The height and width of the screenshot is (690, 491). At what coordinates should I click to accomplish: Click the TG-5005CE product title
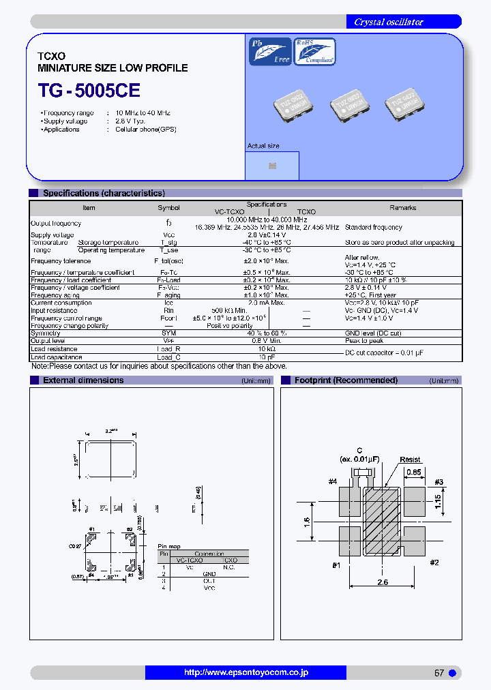pyautogui.click(x=89, y=90)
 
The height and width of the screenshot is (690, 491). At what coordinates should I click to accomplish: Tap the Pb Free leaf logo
pyautogui.click(x=270, y=51)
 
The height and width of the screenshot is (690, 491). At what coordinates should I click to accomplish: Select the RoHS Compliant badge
pyautogui.click(x=314, y=51)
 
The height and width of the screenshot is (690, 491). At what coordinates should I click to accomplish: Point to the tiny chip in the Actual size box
pyautogui.click(x=272, y=166)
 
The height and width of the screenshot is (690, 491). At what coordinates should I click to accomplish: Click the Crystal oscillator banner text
pyautogui.click(x=388, y=22)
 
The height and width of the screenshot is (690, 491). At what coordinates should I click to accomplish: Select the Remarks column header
pyautogui.click(x=402, y=208)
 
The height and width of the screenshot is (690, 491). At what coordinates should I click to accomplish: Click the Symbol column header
pyautogui.click(x=168, y=208)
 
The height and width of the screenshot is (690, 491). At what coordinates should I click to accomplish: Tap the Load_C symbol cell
pyautogui.click(x=168, y=357)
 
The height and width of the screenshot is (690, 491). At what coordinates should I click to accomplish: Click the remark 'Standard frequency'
pyautogui.click(x=373, y=227)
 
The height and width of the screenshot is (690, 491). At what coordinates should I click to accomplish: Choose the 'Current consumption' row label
pyautogui.click(x=61, y=303)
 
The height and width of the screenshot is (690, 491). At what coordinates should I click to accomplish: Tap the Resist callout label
pyautogui.click(x=410, y=460)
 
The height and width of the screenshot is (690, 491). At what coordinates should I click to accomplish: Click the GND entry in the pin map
pyautogui.click(x=209, y=574)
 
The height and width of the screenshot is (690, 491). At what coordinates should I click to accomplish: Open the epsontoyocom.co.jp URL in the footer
pyautogui.click(x=245, y=672)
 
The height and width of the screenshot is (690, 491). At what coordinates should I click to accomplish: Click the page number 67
pyautogui.click(x=439, y=673)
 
